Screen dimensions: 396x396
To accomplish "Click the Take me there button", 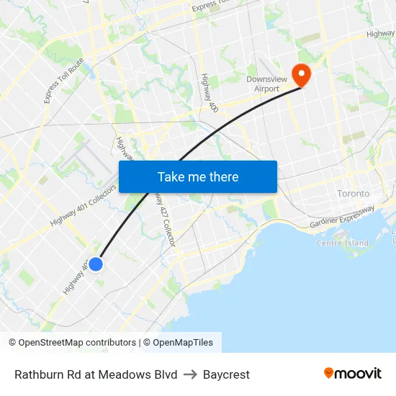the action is point(197,176).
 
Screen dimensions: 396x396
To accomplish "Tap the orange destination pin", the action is point(299,74).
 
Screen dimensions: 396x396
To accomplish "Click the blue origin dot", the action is point(95,264).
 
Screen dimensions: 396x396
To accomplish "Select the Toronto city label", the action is point(353,194).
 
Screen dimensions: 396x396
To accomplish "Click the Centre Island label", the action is point(342,243).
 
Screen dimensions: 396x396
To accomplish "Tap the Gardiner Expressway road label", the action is point(342,218).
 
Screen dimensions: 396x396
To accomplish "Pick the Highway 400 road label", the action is point(210,92).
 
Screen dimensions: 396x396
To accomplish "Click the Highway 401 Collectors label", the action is point(83,212).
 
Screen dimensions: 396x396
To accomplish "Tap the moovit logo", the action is point(352,374).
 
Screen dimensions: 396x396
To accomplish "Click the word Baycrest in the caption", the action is point(226,374).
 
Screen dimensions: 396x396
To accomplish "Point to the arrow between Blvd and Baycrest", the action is point(190,374).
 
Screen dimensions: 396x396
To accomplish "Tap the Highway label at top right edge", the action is point(380,33).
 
